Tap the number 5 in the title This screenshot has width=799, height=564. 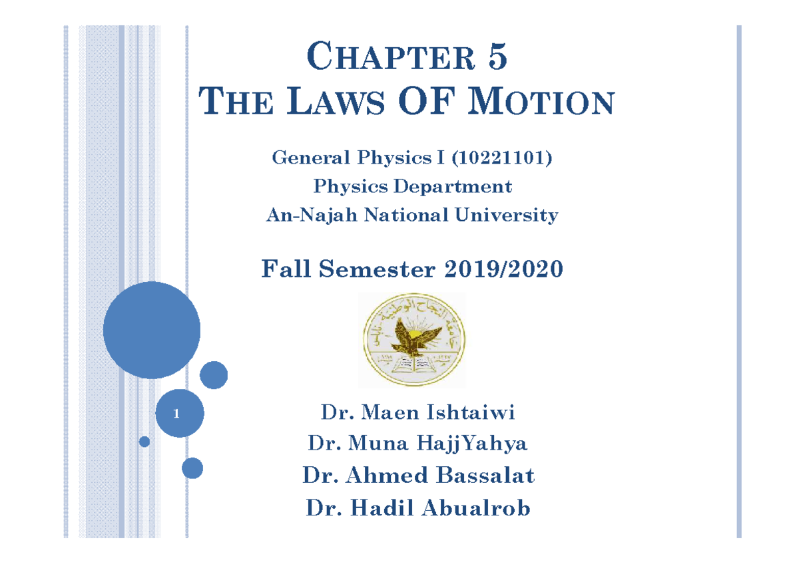(x=498, y=57)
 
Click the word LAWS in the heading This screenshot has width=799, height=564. (x=340, y=103)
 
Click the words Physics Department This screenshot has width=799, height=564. (x=413, y=186)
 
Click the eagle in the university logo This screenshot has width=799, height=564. (x=413, y=336)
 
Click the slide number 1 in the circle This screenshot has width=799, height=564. (x=176, y=414)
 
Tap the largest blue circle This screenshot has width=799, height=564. (x=152, y=330)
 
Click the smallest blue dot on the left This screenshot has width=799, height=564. (x=144, y=441)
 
